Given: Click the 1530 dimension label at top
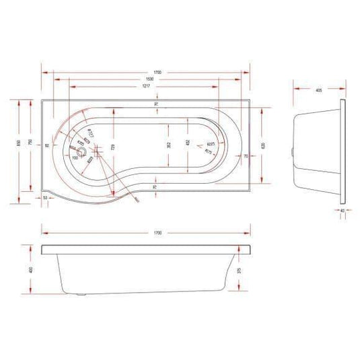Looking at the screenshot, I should pyautogui.click(x=146, y=78).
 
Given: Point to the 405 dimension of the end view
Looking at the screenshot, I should pyautogui.click(x=316, y=87).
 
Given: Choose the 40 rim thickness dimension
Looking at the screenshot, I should pyautogui.click(x=343, y=211).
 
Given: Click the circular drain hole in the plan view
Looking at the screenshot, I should pyautogui.click(x=84, y=153).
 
